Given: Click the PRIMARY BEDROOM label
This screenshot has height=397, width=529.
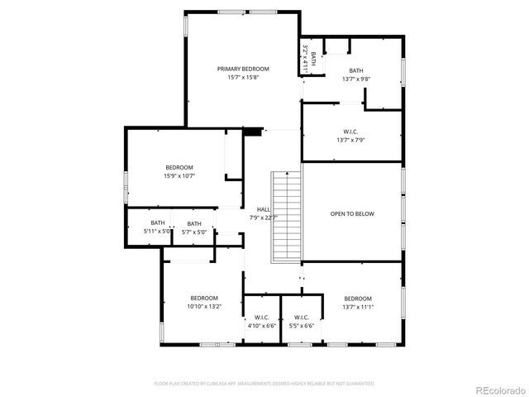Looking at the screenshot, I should pos(243,69).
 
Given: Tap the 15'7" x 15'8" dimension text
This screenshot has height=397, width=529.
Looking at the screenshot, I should pos(243,78).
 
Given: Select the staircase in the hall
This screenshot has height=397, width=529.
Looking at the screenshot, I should pos(288,215).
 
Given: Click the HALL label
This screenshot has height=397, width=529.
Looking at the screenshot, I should pos(263,209).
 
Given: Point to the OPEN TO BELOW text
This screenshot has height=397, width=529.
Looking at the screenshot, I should pos(352,213).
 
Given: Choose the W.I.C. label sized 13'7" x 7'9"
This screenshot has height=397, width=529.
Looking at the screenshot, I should pos(350,132).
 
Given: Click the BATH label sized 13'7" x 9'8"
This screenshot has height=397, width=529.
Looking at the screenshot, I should pos(355,70).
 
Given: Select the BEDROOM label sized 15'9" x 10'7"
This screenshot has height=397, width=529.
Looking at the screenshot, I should pos(179,167).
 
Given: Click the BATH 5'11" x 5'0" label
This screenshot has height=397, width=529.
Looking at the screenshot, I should pos(159,223).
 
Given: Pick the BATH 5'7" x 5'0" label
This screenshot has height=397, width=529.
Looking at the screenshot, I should pos(194,223).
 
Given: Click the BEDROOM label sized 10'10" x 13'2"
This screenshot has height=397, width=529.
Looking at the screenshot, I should pos(204,298).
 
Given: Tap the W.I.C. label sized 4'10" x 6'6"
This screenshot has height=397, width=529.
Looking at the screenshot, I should pos(262,317).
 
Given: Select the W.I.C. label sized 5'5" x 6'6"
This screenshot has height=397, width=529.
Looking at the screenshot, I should pos(302,317).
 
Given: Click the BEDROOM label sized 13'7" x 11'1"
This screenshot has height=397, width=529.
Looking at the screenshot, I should pos(358,298).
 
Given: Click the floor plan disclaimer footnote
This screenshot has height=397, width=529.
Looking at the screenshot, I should pos(264,384).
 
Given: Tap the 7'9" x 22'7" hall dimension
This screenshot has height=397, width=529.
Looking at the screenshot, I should pos(263,218).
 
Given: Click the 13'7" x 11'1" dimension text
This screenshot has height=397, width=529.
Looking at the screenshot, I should pos(358,307).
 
